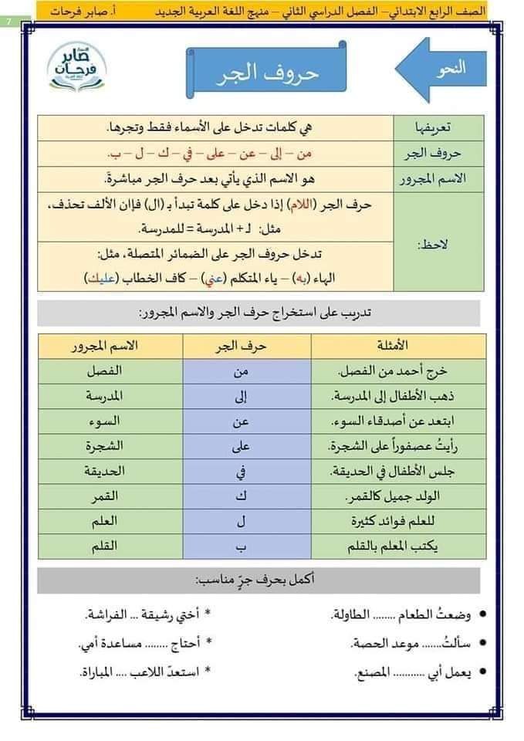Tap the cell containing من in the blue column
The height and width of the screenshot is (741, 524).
pyautogui.click(x=240, y=371)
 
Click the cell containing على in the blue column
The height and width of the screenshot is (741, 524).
pyautogui.click(x=240, y=445)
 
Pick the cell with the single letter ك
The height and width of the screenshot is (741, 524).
pyautogui.click(x=240, y=496)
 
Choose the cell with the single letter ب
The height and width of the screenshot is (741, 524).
pyautogui.click(x=240, y=545)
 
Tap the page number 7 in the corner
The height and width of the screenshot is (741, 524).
pyautogui.click(x=8, y=19)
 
